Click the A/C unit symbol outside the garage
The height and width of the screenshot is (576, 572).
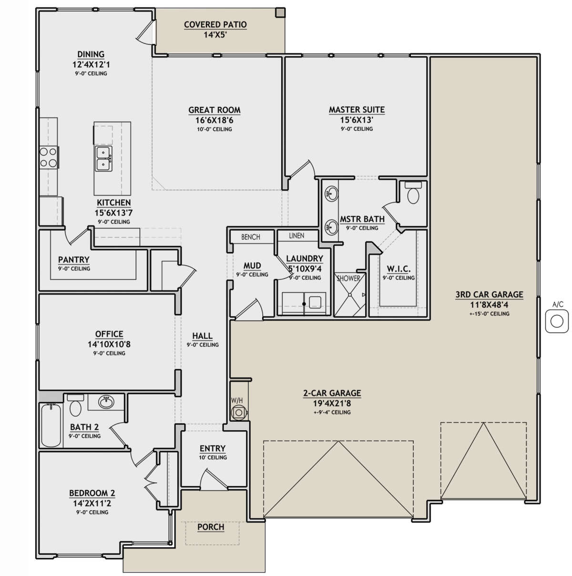tap(556, 321)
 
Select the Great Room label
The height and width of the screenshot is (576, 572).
tap(214, 110)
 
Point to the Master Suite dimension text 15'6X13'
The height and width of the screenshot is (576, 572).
tap(357, 120)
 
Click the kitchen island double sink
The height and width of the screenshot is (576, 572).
tap(103, 159)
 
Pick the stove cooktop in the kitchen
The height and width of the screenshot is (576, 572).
tap(49, 157)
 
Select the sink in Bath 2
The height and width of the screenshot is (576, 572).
tap(106, 402)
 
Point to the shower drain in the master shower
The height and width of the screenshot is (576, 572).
tap(350, 295)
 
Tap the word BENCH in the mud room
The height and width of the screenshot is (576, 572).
tap(251, 237)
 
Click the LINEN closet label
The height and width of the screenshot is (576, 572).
tap(296, 236)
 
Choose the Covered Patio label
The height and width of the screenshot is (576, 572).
tap(215, 24)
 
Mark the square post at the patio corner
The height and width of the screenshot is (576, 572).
tap(280, 12)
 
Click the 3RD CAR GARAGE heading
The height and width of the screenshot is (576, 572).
tap(489, 294)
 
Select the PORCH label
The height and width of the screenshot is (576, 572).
tap(211, 535)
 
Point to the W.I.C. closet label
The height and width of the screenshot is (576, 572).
tap(398, 269)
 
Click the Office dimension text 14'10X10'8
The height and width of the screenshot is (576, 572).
tap(109, 344)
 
